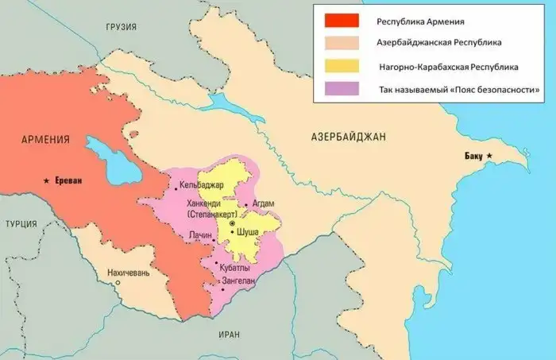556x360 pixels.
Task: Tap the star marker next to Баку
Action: (x=490, y=155)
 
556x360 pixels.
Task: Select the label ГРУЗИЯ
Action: (x=122, y=27)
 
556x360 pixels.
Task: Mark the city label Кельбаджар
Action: (x=203, y=186)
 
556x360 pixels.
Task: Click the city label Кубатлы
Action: (x=237, y=269)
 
